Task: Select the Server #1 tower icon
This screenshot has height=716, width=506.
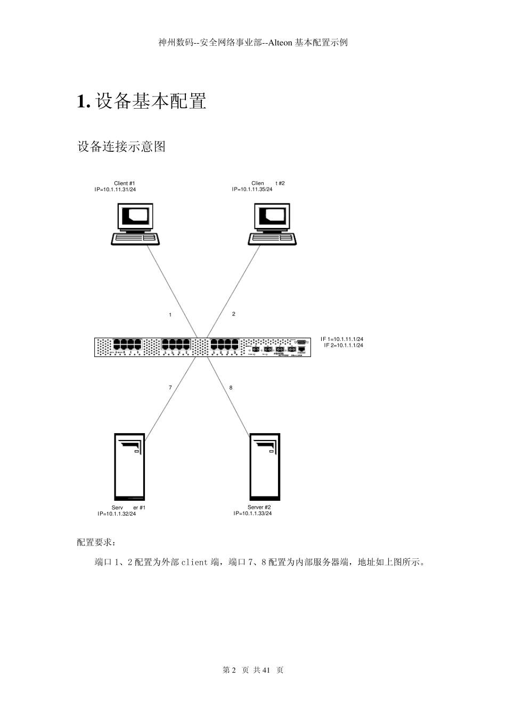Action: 129,466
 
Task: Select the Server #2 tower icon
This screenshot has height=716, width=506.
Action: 264,466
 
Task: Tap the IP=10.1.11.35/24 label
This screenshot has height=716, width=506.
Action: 252,189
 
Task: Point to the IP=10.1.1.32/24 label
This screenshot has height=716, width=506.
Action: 117,514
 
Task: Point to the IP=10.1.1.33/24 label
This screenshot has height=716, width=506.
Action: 252,514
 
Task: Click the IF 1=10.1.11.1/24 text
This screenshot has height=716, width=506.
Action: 342,339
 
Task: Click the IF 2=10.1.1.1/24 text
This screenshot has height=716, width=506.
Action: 344,345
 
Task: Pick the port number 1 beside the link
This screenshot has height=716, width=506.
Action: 170,315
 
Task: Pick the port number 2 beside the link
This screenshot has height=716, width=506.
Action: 233,314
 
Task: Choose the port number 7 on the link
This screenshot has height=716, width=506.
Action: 170,387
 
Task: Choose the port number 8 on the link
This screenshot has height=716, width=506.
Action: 231,387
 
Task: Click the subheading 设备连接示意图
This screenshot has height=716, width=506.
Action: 121,147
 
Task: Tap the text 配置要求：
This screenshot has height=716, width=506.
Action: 96,542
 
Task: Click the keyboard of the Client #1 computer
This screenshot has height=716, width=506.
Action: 135,239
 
